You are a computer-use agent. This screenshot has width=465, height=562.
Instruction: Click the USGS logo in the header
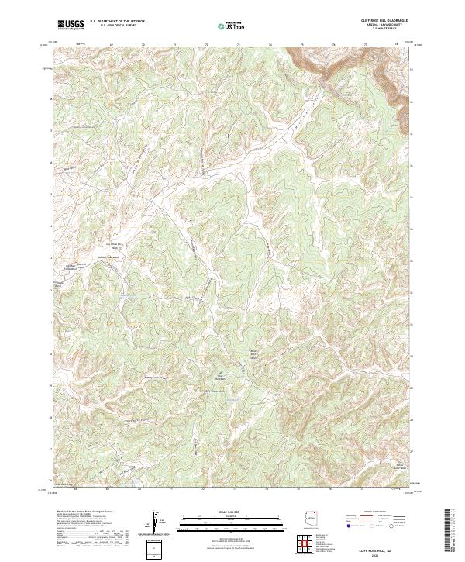(x=71, y=25)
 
